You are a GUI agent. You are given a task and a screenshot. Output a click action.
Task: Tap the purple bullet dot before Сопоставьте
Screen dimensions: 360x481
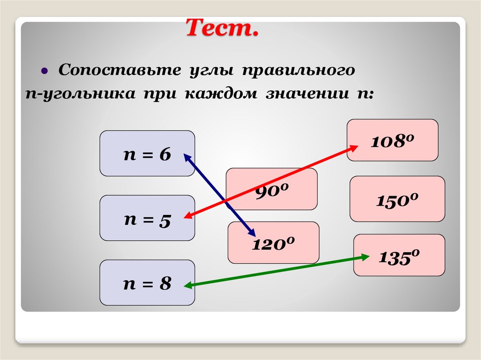tap(44, 72)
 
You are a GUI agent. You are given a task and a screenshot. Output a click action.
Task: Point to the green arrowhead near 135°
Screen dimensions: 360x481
tap(365, 256)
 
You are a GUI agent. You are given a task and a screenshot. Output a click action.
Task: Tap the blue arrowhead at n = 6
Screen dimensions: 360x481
tap(186, 157)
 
